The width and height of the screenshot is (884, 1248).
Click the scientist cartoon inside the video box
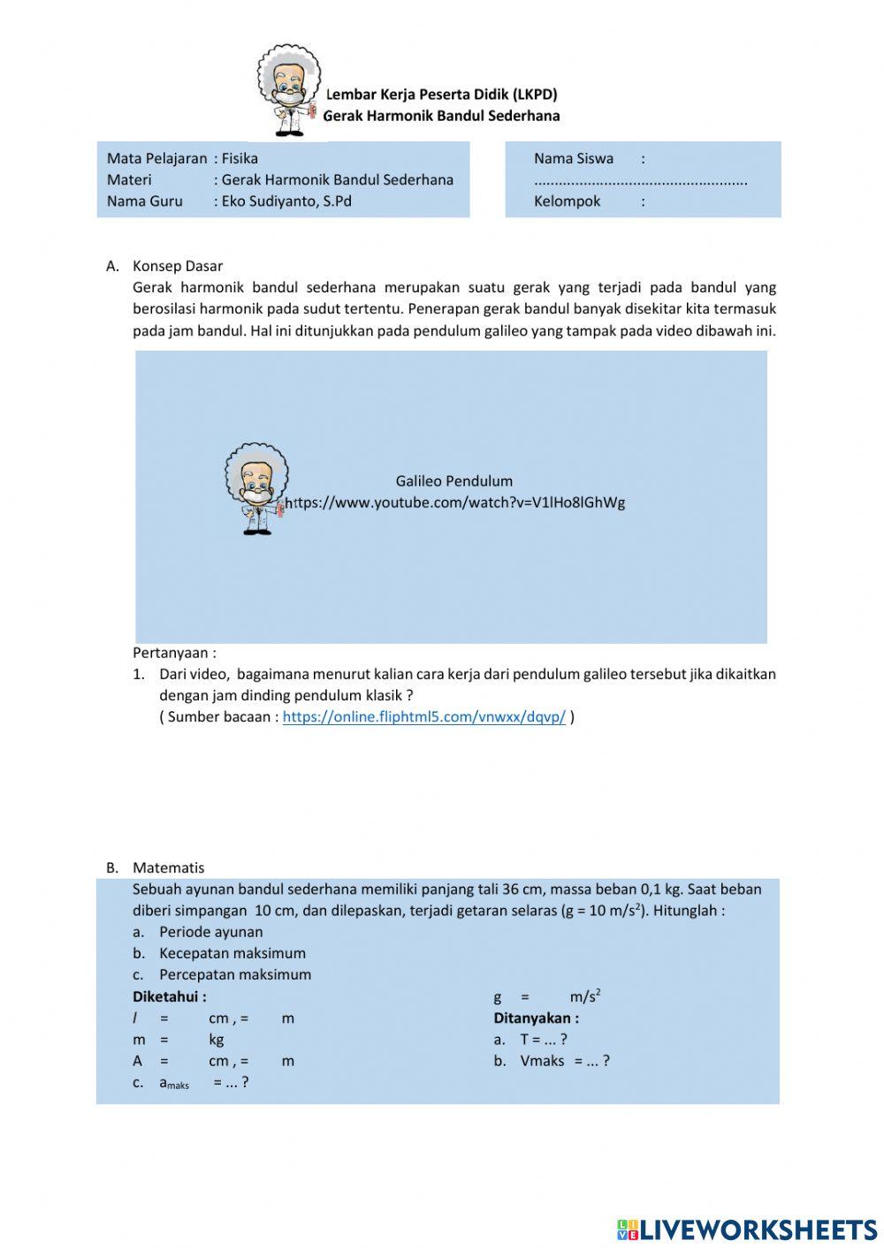click(x=255, y=488)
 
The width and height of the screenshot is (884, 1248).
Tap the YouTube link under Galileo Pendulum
click(x=457, y=503)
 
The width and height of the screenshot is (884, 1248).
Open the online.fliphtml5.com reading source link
click(x=423, y=717)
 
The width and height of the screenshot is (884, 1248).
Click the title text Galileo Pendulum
click(x=453, y=481)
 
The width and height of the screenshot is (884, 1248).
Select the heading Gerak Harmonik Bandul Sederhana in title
click(x=441, y=116)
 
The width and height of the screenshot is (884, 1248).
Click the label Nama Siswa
click(x=573, y=159)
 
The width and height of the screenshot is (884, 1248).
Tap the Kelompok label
click(x=567, y=201)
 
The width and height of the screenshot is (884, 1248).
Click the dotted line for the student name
click(x=640, y=181)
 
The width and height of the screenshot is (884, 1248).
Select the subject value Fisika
click(x=240, y=159)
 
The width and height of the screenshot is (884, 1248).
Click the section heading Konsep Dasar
click(x=178, y=266)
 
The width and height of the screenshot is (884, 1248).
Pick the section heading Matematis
click(x=168, y=867)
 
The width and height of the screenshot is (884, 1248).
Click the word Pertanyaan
click(x=173, y=654)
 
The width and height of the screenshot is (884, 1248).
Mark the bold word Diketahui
click(x=169, y=996)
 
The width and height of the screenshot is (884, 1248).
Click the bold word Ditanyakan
click(x=536, y=1018)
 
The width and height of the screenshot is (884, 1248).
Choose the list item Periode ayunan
click(x=210, y=932)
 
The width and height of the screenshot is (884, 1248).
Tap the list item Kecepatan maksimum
click(x=232, y=954)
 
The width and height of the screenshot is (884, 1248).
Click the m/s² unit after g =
click(x=585, y=996)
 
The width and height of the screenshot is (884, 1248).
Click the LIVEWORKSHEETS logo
click(x=746, y=1229)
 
